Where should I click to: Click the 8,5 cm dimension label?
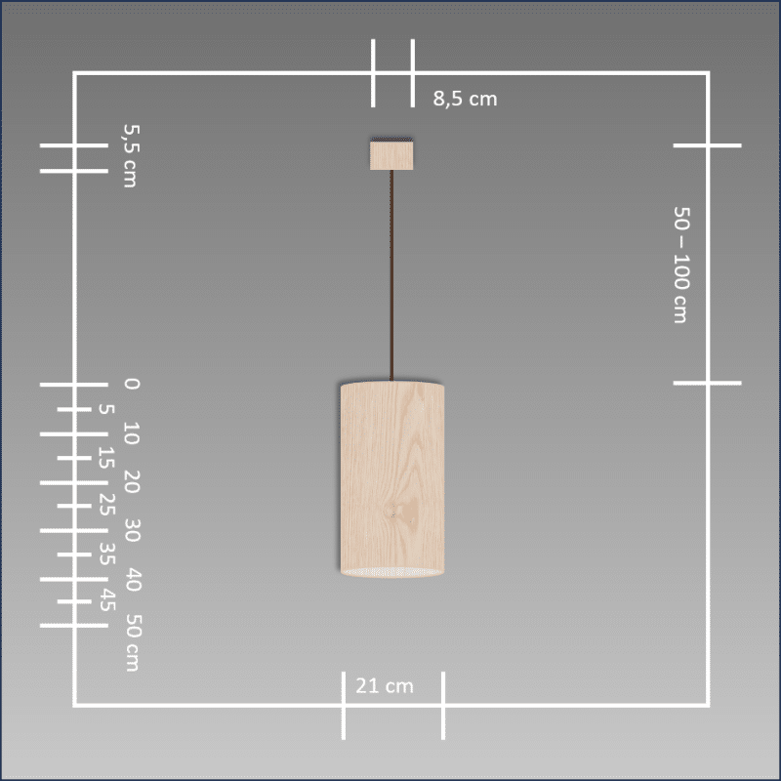[x=465, y=99]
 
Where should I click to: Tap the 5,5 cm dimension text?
[x=131, y=155]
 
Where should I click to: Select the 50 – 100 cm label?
[x=681, y=265]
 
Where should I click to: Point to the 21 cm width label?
[x=385, y=686]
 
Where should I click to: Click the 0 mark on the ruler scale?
[x=132, y=384]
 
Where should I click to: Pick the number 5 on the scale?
[x=106, y=409]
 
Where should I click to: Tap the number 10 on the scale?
[x=132, y=432]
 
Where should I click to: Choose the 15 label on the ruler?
[x=106, y=458]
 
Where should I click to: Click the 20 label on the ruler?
[x=132, y=481]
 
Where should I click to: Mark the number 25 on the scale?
[x=106, y=505]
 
